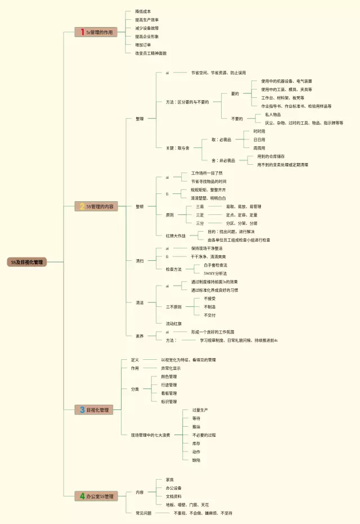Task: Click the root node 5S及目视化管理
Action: point(27,262)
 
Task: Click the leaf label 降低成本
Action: point(143,11)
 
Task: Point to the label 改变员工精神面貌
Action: point(150,53)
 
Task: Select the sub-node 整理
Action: point(139,119)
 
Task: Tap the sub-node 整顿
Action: point(139,206)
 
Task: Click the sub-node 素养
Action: point(139,336)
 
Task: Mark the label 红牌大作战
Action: point(175,236)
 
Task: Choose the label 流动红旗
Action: point(173,323)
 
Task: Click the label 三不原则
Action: point(173,307)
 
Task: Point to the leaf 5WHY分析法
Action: point(215,273)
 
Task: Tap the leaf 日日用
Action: point(259,139)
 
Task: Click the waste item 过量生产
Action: point(200,410)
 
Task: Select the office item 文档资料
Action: point(173,496)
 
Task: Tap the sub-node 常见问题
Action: point(143,513)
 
